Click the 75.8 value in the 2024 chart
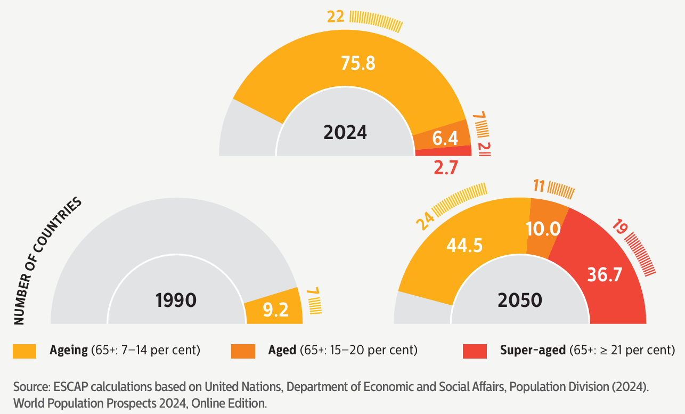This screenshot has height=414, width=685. pyautogui.click(x=358, y=63)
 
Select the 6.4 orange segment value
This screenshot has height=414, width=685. pyautogui.click(x=445, y=139)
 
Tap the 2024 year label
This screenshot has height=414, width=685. pyautogui.click(x=345, y=132)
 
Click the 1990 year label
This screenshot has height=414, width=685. pyautogui.click(x=176, y=301)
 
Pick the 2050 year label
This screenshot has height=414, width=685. pyautogui.click(x=519, y=301)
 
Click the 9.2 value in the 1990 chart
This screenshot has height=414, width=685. pyautogui.click(x=275, y=309)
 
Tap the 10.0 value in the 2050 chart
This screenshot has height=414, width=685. pyautogui.click(x=543, y=229)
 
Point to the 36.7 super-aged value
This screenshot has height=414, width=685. pyautogui.click(x=605, y=274)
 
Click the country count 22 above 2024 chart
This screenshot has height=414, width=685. pyautogui.click(x=336, y=18)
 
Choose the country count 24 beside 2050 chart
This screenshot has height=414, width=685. pyautogui.click(x=425, y=222)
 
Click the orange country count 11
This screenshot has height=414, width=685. pyautogui.click(x=539, y=186)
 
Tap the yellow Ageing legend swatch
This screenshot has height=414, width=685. pyautogui.click(x=25, y=351)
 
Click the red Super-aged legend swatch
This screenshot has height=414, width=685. pyautogui.click(x=475, y=351)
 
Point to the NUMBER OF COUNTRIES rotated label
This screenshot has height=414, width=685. pyautogui.click(x=47, y=261)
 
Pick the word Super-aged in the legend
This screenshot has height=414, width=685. pyautogui.click(x=533, y=350)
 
